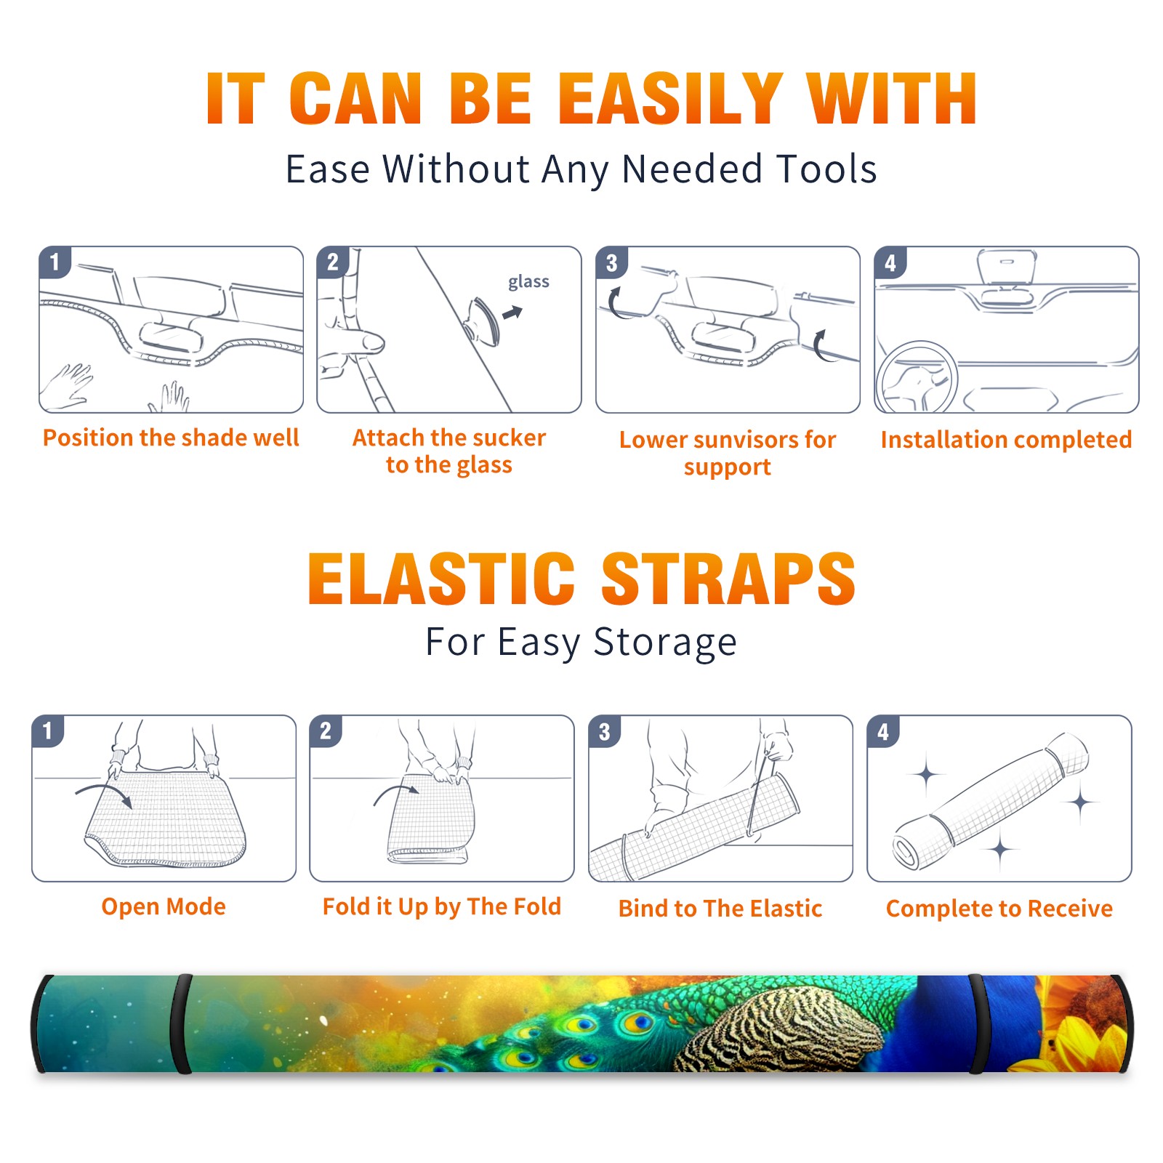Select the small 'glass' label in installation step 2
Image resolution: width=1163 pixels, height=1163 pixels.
528,281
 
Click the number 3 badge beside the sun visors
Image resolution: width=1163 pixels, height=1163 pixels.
611,262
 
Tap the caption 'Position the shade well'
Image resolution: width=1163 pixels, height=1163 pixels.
171,438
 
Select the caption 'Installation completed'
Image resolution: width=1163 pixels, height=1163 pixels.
1006,440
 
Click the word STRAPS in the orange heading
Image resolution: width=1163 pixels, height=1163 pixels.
728,579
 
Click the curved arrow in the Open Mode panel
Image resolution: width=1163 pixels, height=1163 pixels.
104,794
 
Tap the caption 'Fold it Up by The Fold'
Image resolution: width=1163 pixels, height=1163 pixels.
442,906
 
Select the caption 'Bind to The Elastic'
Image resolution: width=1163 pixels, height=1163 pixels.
720,909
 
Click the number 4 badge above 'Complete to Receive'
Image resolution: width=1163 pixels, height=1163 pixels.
882,731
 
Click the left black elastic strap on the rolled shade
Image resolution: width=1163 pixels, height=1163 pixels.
181,1023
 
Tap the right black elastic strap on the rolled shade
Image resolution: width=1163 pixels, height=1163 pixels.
975,1023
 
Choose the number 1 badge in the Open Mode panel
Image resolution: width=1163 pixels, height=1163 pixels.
47,731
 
